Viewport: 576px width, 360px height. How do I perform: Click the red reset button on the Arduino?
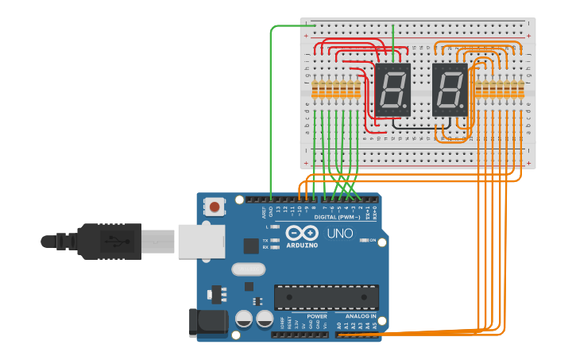[215, 207]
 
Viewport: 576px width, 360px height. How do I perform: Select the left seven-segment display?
[391, 87]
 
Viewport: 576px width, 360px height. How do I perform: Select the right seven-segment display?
[450, 87]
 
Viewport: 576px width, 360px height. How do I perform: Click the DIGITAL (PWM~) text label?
[337, 217]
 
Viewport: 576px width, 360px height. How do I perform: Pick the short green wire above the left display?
[393, 41]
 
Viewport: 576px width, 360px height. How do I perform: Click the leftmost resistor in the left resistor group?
[315, 89]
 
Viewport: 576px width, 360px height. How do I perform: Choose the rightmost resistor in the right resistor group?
[522, 89]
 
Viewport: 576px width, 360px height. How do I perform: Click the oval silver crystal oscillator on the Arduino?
[248, 269]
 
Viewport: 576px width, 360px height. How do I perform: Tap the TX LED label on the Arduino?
[265, 240]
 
